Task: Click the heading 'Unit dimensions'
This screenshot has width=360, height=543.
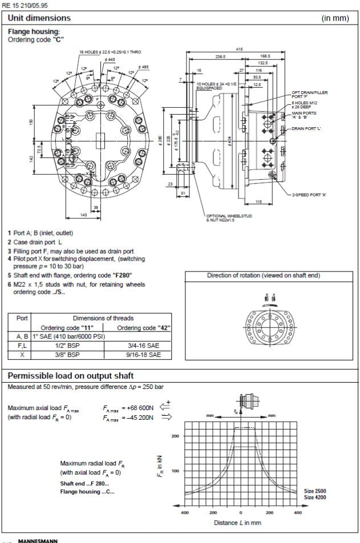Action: [39, 18]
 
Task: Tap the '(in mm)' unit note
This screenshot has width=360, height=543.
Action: [335, 18]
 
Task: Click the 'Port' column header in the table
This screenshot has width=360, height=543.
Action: [19, 318]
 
